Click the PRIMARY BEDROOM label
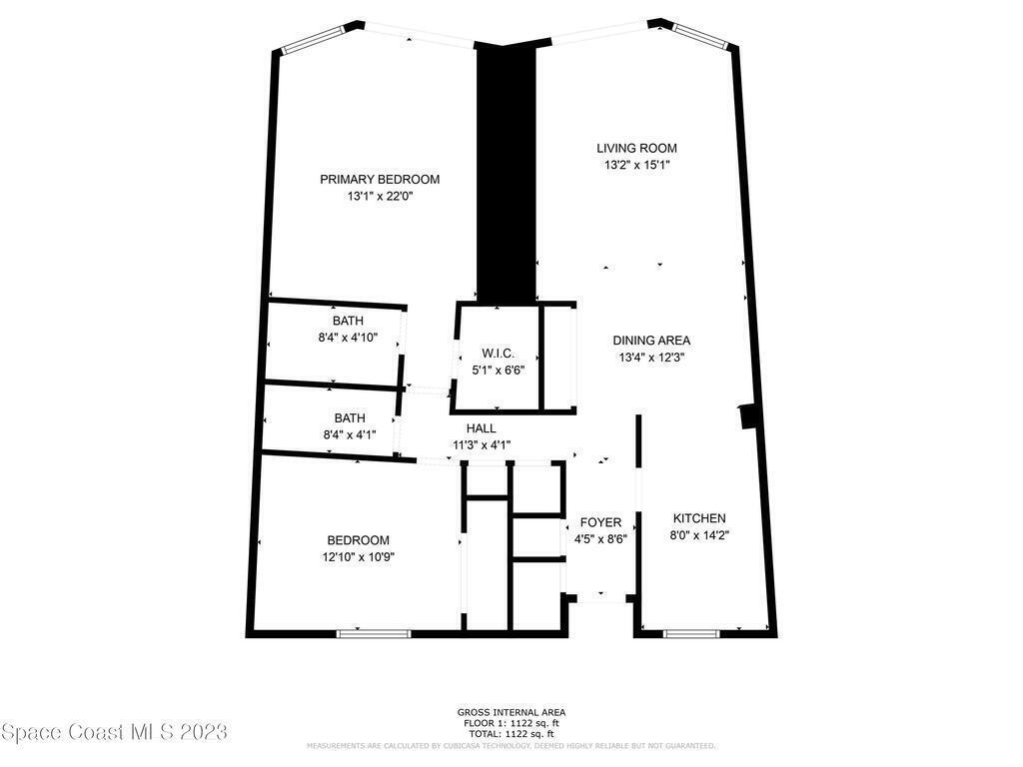click(x=380, y=180)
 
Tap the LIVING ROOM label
click(x=636, y=148)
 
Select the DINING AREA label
click(x=651, y=341)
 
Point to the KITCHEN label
click(x=699, y=518)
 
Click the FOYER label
click(x=600, y=522)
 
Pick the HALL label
click(x=481, y=428)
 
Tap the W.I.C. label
click(x=499, y=354)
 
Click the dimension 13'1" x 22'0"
click(x=381, y=197)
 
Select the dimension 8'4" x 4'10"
click(x=348, y=338)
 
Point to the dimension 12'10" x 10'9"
click(x=359, y=557)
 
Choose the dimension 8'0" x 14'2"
click(x=699, y=535)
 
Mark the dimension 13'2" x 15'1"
click(x=636, y=165)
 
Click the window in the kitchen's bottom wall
click(x=691, y=633)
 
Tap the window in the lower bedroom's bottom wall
click(x=375, y=633)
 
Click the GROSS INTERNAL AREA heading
click(x=511, y=713)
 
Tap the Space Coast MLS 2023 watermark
click(x=114, y=732)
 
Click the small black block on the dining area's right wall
click(x=748, y=416)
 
